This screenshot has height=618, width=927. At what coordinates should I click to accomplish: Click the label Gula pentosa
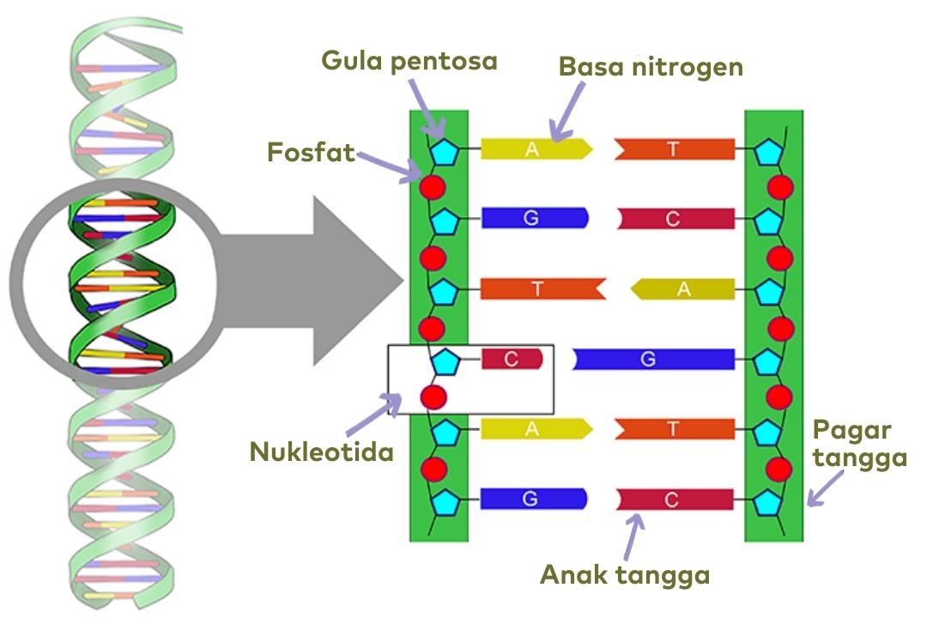(409, 62)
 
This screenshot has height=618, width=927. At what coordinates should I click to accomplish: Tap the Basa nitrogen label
(651, 67)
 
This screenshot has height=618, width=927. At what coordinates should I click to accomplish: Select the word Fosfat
(311, 154)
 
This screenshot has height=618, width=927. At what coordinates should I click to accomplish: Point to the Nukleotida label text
(321, 452)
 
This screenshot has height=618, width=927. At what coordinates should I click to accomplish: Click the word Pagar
(852, 429)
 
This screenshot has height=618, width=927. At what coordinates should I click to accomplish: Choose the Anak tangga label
(624, 575)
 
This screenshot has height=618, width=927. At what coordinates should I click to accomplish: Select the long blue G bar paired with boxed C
(652, 359)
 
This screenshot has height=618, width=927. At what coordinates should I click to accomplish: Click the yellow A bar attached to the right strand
(684, 289)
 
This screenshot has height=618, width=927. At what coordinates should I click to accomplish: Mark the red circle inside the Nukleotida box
(433, 397)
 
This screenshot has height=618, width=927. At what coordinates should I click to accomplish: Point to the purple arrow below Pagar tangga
(825, 492)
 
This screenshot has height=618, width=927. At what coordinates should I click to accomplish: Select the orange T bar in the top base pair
(675, 149)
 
